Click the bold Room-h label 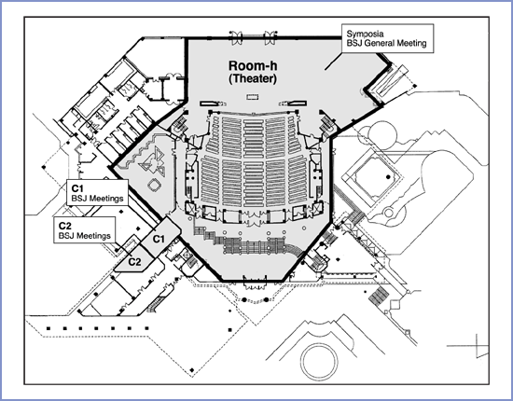pos(253,65)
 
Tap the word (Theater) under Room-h pos(253,79)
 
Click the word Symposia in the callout pos(365,34)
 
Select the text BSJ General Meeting pos(386,43)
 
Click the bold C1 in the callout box pos(77,188)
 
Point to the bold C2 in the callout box pos(64,226)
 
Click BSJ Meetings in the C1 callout pos(97,199)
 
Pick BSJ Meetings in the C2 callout pos(84,236)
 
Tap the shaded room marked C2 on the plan pos(135,260)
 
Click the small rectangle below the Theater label pos(253,96)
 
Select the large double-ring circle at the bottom pos(319,360)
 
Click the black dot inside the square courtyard pos(388,177)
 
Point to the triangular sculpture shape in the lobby pos(151,161)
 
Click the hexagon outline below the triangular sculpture pos(154,186)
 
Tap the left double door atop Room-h pos(236,36)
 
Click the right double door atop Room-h pos(270,36)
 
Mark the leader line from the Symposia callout pos(333,62)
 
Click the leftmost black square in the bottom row pos(49,328)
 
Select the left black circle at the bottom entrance pos(244,299)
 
